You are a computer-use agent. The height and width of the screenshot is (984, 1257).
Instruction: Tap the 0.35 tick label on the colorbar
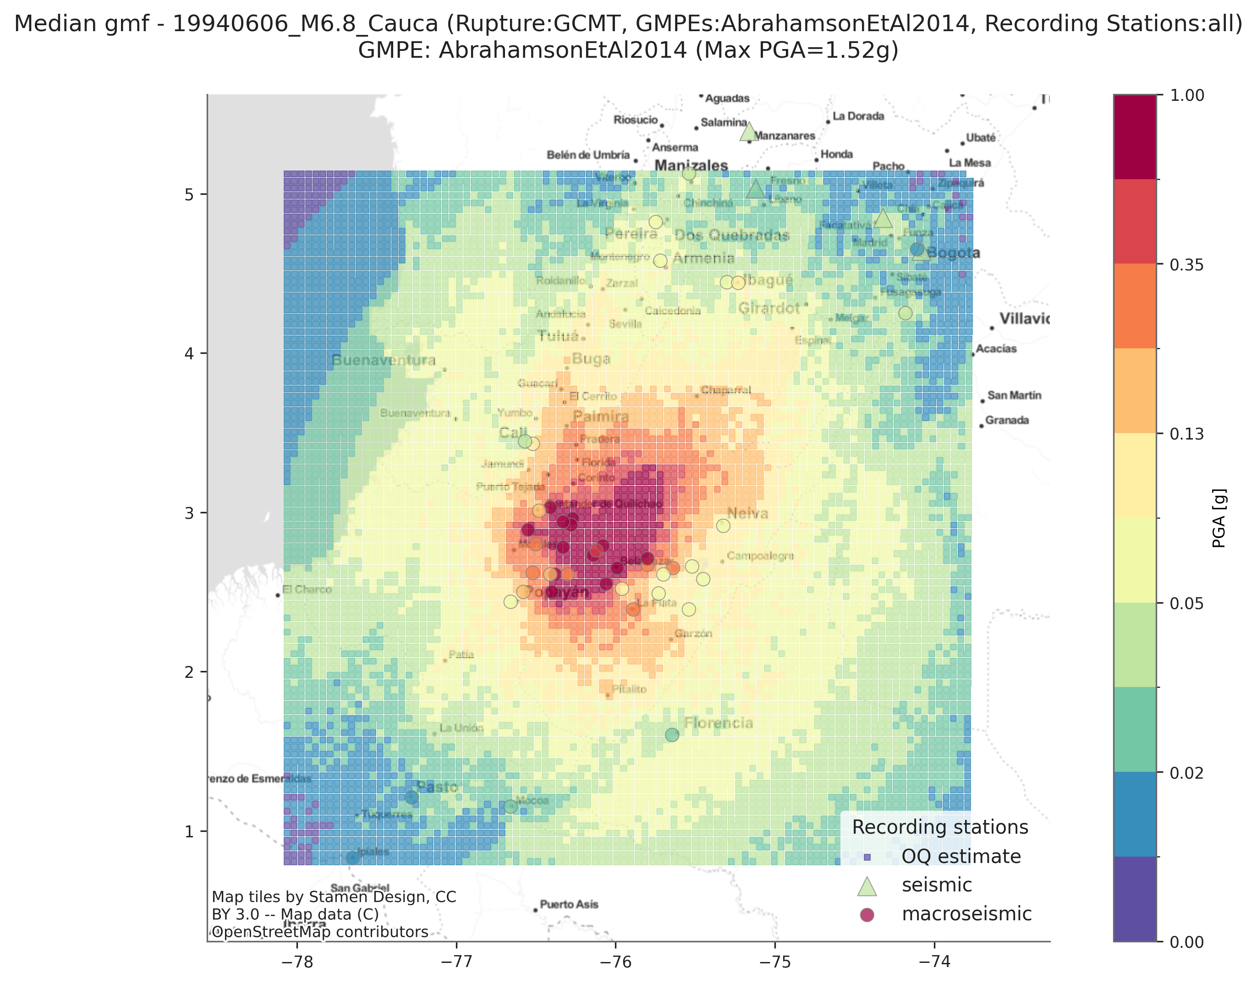pyautogui.click(x=1187, y=265)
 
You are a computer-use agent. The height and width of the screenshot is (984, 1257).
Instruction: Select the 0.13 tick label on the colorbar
pyautogui.click(x=1187, y=434)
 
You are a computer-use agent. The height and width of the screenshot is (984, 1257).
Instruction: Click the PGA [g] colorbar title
pyautogui.click(x=1219, y=518)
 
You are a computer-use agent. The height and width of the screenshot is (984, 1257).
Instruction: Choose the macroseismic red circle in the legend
pyautogui.click(x=867, y=915)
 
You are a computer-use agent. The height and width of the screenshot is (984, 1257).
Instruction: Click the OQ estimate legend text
pyautogui.click(x=961, y=857)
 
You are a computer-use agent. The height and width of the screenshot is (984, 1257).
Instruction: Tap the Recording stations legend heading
pyautogui.click(x=940, y=827)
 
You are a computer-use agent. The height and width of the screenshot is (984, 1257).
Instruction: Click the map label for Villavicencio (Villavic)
pyautogui.click(x=1024, y=319)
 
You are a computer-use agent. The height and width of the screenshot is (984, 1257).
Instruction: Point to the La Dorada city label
pyautogui.click(x=858, y=116)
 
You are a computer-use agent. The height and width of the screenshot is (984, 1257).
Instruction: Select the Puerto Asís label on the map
pyautogui.click(x=569, y=905)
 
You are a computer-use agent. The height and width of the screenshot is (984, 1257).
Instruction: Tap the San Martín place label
pyautogui.click(x=1014, y=395)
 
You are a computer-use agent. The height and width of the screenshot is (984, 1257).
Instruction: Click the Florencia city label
pyautogui.click(x=719, y=723)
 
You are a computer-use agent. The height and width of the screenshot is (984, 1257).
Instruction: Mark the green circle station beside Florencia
pyautogui.click(x=672, y=735)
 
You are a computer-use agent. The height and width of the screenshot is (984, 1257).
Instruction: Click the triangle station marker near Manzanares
pyautogui.click(x=749, y=132)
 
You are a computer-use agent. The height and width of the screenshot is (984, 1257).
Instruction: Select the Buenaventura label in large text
pyautogui.click(x=383, y=361)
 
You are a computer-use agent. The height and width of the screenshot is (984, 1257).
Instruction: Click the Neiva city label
pyautogui.click(x=747, y=513)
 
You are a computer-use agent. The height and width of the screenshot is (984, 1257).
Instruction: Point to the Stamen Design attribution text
pyautogui.click(x=334, y=897)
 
